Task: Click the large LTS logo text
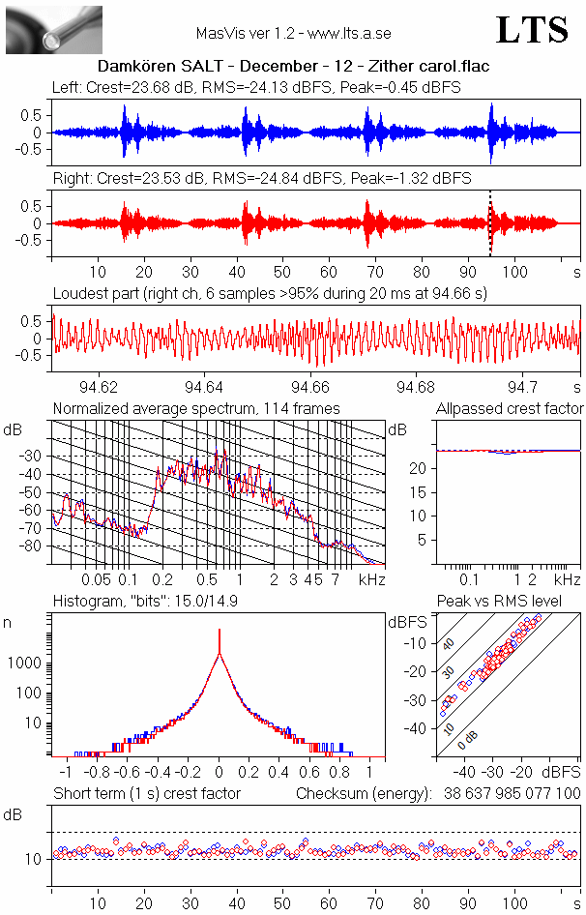click(x=531, y=30)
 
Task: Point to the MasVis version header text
click(x=293, y=34)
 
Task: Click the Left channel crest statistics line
click(x=256, y=87)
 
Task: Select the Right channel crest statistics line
click(x=261, y=178)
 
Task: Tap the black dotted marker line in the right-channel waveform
click(x=490, y=223)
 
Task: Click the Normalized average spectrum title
click(x=196, y=408)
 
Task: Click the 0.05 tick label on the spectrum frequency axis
click(x=96, y=579)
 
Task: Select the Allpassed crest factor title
click(x=510, y=408)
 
